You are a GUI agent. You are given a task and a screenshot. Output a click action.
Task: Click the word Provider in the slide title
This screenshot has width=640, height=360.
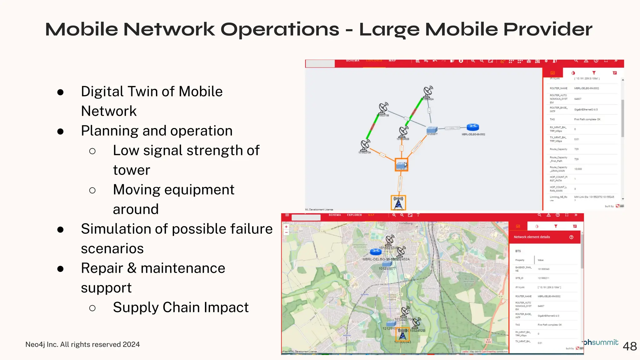point(547,29)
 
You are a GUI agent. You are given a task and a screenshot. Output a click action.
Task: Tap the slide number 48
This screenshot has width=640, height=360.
point(629,346)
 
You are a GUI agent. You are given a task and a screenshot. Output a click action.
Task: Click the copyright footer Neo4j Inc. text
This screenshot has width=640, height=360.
point(82,344)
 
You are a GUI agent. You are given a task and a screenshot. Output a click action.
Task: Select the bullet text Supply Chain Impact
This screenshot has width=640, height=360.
point(181,307)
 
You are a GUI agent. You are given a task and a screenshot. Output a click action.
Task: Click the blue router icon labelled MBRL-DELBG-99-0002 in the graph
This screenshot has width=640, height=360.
point(472,127)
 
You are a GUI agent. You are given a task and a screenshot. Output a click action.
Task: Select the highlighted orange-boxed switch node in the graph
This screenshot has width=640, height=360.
point(401,165)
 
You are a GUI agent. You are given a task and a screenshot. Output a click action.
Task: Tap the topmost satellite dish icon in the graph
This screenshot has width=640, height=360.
point(428,92)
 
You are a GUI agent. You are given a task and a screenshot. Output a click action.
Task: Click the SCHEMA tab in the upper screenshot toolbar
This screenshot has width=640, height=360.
point(352,61)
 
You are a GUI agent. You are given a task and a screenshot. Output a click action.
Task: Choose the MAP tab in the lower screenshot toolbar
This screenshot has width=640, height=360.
point(371,215)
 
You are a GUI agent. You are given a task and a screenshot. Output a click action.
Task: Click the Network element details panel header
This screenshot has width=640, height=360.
point(532,237)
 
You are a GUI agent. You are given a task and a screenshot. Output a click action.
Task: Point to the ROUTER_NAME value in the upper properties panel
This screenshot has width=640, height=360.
point(587,88)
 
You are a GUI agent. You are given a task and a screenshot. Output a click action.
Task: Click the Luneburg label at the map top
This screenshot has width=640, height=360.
point(406,223)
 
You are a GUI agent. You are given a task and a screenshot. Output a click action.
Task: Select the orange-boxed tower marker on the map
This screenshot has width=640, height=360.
point(402,334)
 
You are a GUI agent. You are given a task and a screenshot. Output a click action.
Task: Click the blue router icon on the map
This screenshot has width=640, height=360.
point(376,251)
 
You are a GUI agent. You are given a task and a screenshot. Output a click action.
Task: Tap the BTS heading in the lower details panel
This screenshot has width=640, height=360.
point(518,251)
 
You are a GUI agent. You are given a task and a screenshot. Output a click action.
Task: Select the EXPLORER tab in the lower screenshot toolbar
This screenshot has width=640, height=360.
point(354,215)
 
